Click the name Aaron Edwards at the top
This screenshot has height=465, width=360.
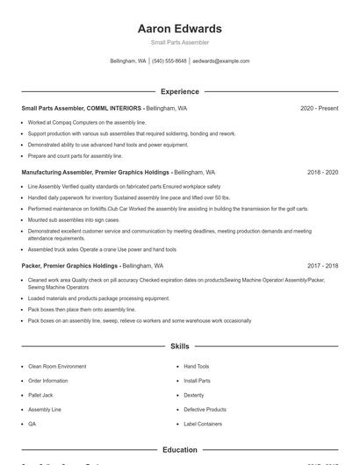tap(179, 28)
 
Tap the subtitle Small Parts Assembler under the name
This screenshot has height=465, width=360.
tap(179, 42)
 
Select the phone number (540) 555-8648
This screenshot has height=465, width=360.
tap(169, 61)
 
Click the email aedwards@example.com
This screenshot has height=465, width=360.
tap(221, 61)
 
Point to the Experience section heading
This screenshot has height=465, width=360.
tap(179, 91)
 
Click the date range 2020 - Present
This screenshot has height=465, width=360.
tap(319, 108)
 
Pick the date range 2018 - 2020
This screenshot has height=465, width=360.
tap(322, 173)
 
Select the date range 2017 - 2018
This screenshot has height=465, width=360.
tap(322, 265)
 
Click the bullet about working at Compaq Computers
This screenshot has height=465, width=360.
tap(75, 123)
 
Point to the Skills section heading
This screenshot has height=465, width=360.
tap(179, 347)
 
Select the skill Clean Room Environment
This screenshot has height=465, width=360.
tap(57, 366)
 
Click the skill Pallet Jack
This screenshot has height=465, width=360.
tap(40, 395)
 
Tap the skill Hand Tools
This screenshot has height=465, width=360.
tap(196, 366)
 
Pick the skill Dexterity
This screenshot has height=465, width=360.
tap(193, 395)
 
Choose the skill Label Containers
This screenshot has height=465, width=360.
tap(203, 424)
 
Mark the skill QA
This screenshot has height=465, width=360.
tap(32, 424)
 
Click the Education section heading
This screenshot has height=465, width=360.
tap(179, 450)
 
